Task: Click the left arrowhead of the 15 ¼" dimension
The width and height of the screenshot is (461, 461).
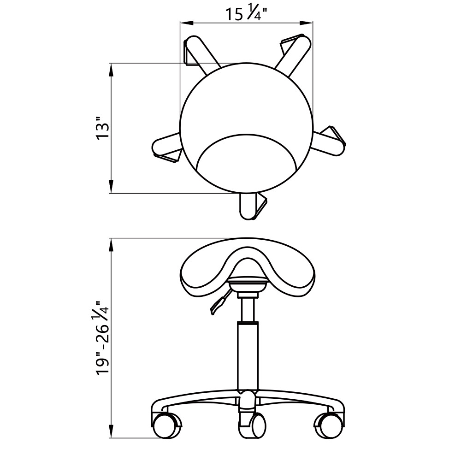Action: tap(186, 22)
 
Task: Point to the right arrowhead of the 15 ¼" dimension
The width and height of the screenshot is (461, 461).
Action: tap(306, 22)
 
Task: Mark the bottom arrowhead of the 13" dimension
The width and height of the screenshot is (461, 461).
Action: tap(111, 186)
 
